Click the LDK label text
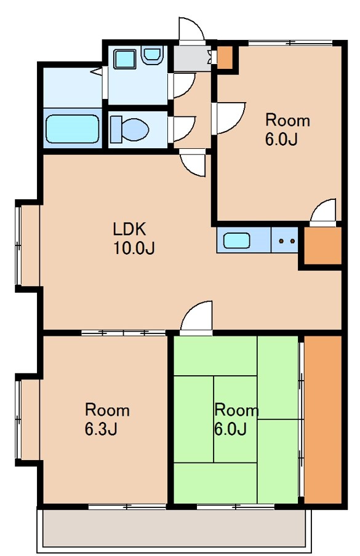point(129,229)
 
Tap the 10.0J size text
point(134,248)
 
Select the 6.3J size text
point(101,429)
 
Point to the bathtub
point(73,129)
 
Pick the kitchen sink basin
point(236,240)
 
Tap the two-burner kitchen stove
point(284,240)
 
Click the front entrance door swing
point(191,31)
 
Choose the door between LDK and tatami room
point(196,317)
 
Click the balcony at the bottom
point(174,528)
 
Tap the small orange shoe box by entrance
point(225,57)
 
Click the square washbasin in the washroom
point(125,59)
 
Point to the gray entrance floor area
point(192,57)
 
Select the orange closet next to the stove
point(322,245)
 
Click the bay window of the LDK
point(28,245)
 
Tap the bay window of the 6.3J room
point(28,419)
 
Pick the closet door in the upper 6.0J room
point(322,212)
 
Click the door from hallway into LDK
point(192,162)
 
